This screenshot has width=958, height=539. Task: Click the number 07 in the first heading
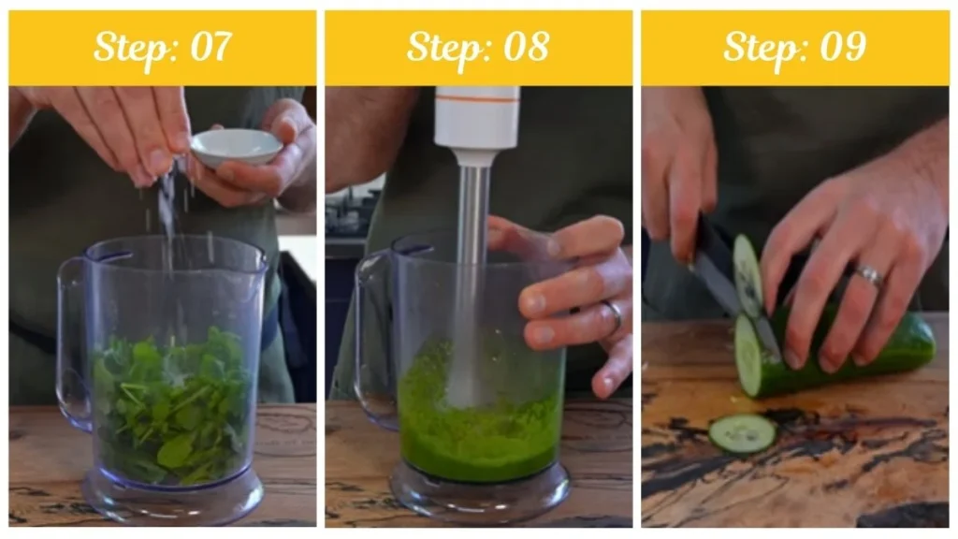point(210,47)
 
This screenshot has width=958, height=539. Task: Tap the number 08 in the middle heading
point(526,47)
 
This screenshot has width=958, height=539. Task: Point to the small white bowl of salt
point(236,147)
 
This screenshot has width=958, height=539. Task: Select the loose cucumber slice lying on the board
point(742,433)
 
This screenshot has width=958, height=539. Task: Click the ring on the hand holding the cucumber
point(869,274)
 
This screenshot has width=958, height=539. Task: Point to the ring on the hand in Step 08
point(614,313)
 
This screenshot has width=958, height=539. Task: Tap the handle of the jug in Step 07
point(72,343)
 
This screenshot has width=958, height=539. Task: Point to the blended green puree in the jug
point(481,422)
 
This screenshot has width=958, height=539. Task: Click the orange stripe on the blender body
point(477,98)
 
